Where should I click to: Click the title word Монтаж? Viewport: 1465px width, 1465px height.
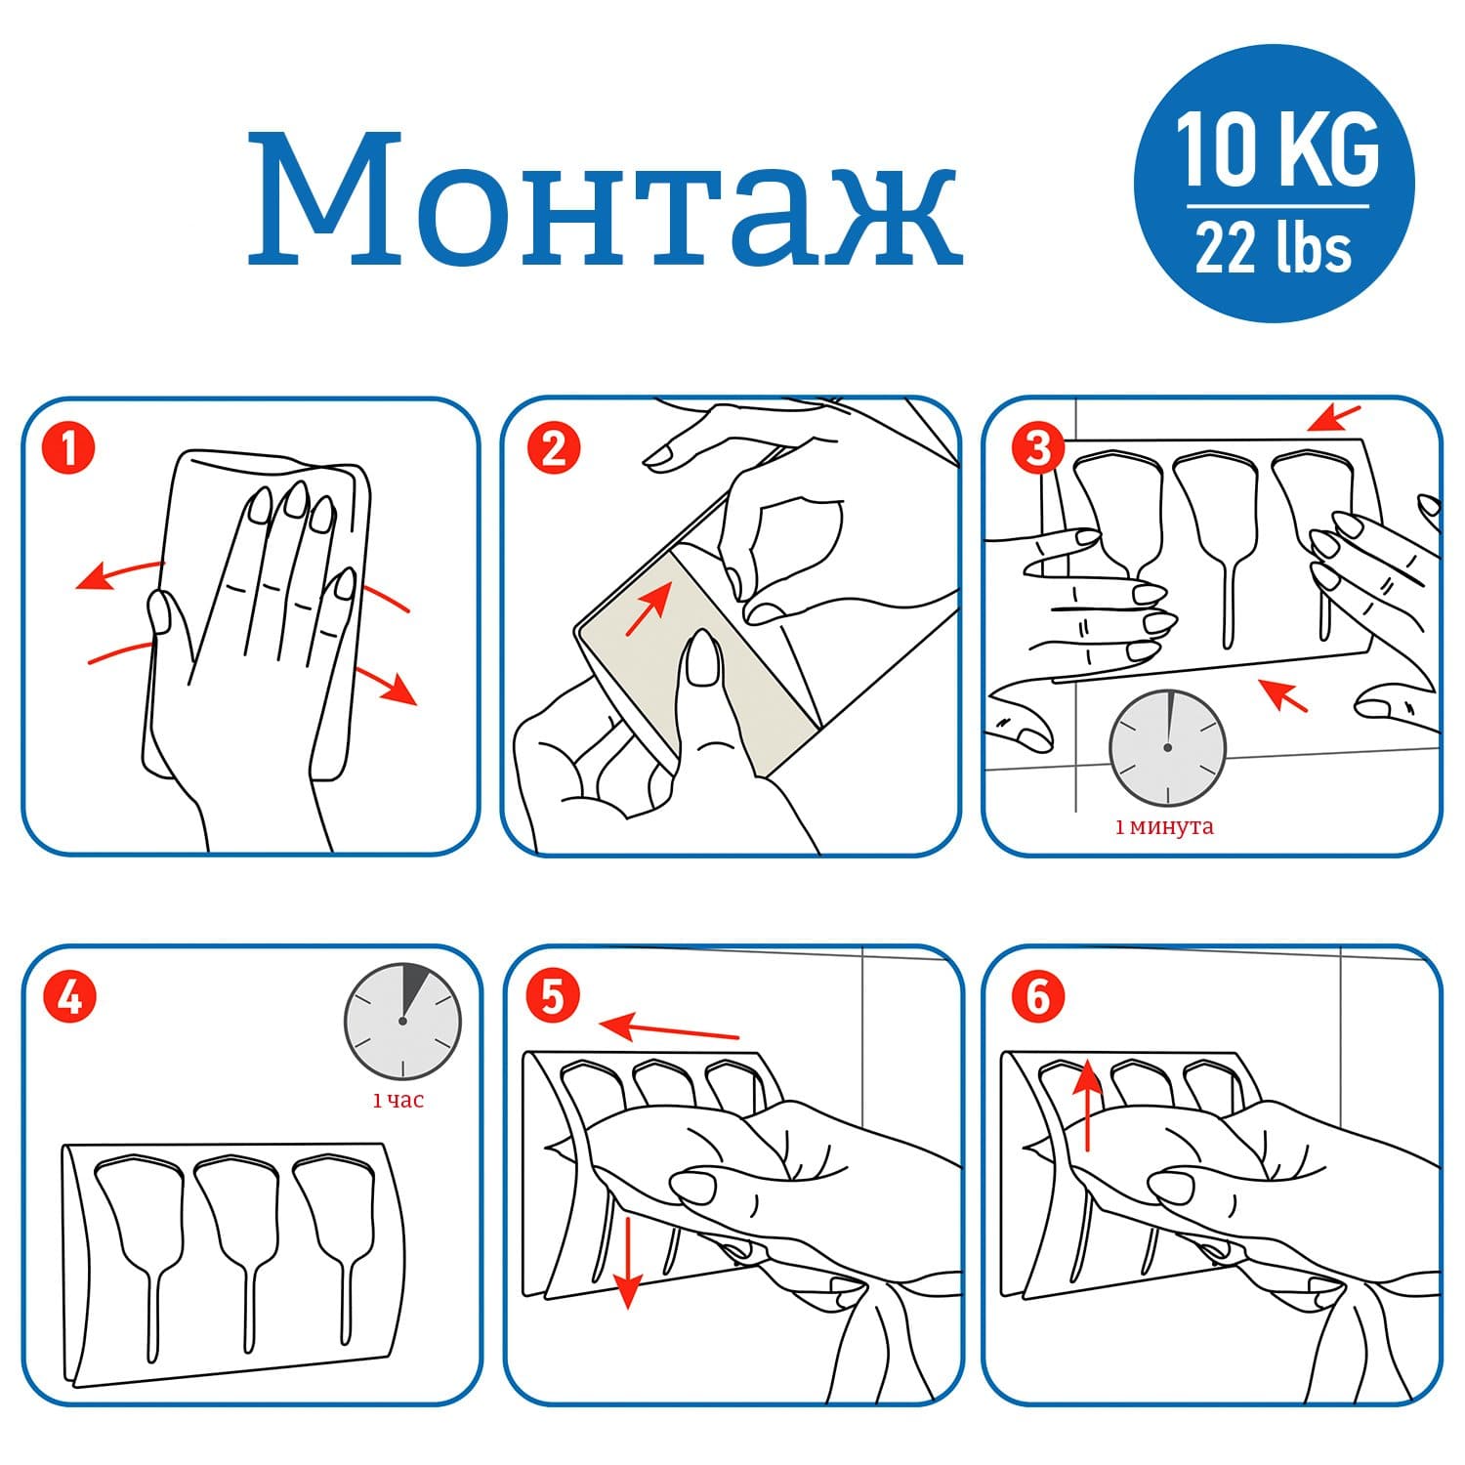point(605,200)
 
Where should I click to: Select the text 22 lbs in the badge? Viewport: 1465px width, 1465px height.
point(1275,248)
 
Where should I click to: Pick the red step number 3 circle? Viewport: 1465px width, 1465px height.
point(1037,449)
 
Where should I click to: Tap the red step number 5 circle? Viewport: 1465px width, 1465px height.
point(553,997)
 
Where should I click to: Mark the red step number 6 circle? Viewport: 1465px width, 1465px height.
point(1037,997)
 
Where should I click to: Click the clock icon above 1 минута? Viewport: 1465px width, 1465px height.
point(1167,747)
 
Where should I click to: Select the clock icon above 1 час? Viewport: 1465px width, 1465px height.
point(402,1021)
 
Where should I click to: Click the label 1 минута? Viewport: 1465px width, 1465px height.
point(1164,827)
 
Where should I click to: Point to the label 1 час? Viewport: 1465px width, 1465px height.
point(398,1101)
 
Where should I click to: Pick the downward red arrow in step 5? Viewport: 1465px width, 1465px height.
point(627,1261)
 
